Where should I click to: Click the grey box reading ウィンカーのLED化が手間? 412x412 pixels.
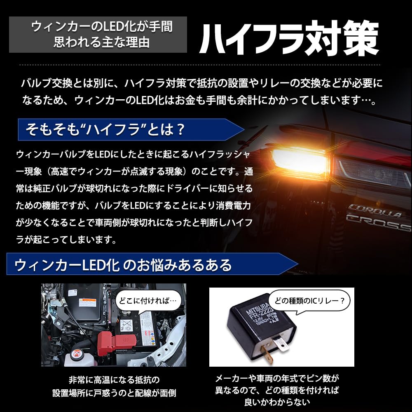(102, 27)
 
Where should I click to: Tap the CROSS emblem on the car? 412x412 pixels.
(377, 223)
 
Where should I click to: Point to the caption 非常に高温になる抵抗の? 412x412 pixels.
(114, 379)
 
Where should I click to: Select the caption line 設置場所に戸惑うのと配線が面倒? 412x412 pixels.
(114, 393)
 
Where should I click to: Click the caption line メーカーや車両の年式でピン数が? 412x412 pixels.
(277, 378)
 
